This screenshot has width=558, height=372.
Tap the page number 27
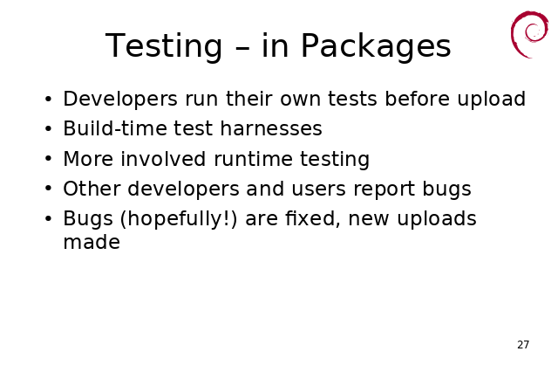[523, 345]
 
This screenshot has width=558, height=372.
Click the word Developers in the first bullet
[120, 100]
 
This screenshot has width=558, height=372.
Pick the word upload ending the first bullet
[492, 100]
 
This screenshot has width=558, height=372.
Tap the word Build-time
[114, 128]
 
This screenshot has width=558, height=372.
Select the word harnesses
[271, 128]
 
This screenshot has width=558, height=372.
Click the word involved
[163, 159]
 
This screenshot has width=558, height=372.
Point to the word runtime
[252, 159]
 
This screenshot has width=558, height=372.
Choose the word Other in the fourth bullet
[92, 189]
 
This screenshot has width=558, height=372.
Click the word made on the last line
[92, 243]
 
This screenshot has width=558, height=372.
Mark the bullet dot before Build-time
[49, 128]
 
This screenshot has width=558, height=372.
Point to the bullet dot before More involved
[49, 159]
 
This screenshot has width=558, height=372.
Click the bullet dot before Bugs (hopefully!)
[49, 218]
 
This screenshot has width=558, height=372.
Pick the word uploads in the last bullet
[437, 219]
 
